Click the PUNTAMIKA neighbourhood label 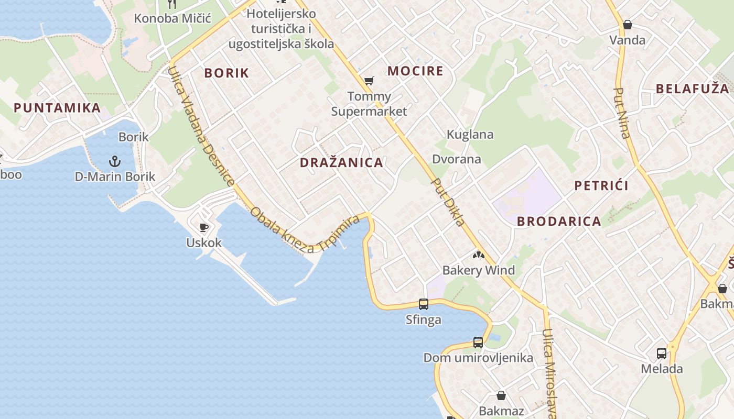57,108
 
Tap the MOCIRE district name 415,71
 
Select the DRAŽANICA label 341,162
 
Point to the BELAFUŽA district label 692,89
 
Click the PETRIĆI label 601,185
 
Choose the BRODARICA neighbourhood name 559,221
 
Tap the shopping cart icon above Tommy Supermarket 369,81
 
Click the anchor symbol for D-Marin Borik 114,161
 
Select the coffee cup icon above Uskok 204,227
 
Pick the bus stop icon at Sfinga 423,304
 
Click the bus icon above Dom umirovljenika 478,343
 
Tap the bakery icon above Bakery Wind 478,255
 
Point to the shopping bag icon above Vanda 627,25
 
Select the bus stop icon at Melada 662,354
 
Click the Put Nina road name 621,113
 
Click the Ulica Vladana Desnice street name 201,126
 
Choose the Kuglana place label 470,135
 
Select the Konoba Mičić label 172,18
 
